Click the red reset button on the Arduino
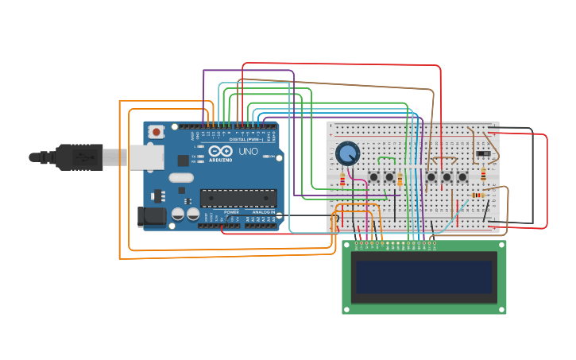point(157,131)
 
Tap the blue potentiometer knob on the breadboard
point(347,153)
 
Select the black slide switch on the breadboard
point(481,153)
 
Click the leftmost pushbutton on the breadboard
point(373,176)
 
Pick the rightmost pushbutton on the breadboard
point(462,176)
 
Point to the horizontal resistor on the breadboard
point(477,195)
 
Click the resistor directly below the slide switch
point(483,174)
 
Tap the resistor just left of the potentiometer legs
point(342,180)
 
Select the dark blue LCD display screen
point(423,277)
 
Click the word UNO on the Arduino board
point(248,151)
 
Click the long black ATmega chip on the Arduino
point(238,198)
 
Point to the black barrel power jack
point(151,217)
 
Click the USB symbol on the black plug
point(82,157)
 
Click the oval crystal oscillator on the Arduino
point(180,178)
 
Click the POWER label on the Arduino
point(231,212)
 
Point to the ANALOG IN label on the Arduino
point(265,212)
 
